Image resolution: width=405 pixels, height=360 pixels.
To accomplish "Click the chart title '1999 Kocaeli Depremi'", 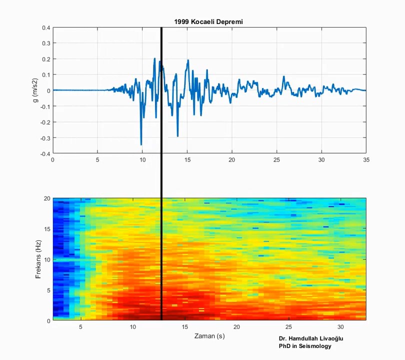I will (208, 21).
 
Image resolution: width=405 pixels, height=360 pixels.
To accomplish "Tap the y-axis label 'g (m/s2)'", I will (35, 90).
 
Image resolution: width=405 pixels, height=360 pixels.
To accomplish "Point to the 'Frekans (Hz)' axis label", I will (38, 259).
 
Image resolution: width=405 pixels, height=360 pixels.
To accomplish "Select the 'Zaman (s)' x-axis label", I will (209, 336).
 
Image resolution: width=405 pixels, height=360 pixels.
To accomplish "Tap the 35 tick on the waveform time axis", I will (366, 160).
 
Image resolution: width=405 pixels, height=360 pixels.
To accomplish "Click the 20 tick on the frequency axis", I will (46, 198).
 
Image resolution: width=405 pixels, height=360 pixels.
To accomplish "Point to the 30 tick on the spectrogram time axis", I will (341, 327).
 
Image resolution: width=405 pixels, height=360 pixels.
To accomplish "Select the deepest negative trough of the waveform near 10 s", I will (141, 144).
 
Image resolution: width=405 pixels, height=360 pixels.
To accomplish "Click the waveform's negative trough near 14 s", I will (177, 136).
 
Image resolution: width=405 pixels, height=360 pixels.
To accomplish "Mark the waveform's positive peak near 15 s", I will (188, 60).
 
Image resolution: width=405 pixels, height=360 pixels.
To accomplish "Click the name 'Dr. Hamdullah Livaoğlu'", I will (311, 338).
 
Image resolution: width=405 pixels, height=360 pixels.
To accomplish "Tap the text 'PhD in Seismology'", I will (305, 346).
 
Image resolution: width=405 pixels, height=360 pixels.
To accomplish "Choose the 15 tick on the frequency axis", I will (46, 229).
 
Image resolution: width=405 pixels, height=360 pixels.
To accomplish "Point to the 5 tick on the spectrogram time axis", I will (80, 327).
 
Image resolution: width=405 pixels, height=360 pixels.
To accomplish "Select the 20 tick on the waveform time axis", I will (231, 160).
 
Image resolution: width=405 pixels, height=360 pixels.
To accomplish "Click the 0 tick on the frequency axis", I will (48, 320).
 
